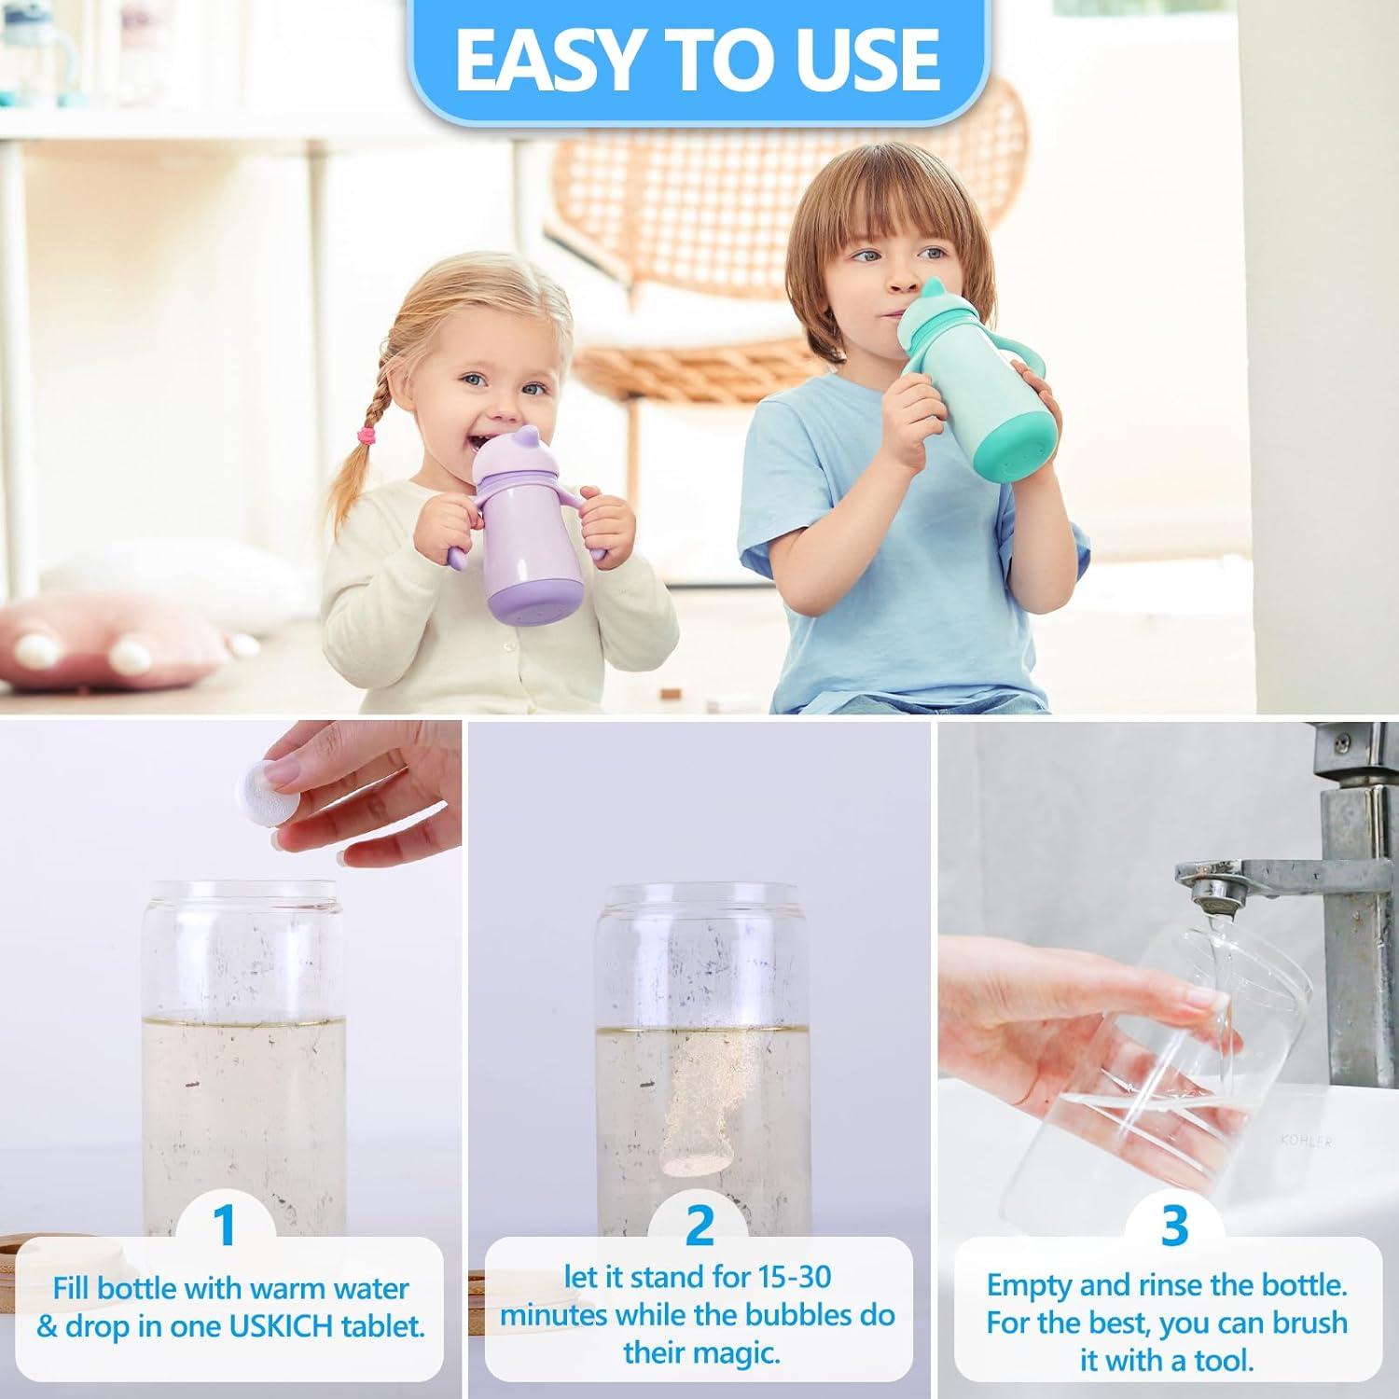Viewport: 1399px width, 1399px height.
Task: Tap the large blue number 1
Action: click(x=224, y=1225)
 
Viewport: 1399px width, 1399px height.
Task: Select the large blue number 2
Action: click(x=699, y=1225)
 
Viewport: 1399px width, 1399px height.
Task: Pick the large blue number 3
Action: click(x=1175, y=1225)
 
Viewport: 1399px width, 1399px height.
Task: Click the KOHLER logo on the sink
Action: click(x=1306, y=1141)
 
